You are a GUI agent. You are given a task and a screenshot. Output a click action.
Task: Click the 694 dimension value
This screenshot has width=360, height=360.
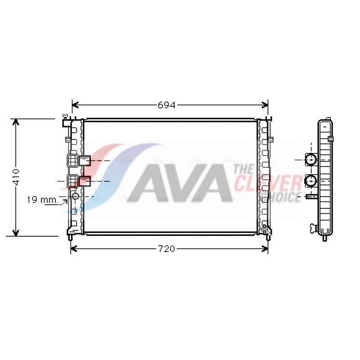click(166, 105)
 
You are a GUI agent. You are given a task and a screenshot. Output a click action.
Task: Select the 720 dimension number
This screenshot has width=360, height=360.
click(166, 249)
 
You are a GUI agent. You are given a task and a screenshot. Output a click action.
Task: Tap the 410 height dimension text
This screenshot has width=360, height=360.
click(16, 177)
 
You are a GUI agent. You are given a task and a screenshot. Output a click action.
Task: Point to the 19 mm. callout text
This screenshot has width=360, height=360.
click(42, 200)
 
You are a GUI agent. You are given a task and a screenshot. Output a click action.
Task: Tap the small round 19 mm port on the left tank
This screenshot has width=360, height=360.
click(75, 196)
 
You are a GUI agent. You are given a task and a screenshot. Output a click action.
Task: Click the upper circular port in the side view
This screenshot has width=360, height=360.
click(311, 159)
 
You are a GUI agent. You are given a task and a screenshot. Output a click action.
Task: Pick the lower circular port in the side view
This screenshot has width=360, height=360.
click(311, 181)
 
